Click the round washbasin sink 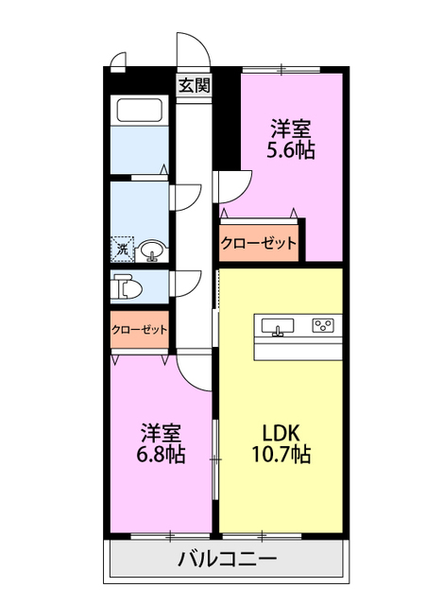152,251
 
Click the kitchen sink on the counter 278,327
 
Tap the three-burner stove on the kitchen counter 323,326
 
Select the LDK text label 281,432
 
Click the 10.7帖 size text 281,455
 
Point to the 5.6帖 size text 291,149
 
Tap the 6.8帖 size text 159,455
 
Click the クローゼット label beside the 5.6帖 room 259,243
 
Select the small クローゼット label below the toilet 139,330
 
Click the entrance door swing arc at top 189,49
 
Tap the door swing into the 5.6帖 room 234,186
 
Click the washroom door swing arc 186,195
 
